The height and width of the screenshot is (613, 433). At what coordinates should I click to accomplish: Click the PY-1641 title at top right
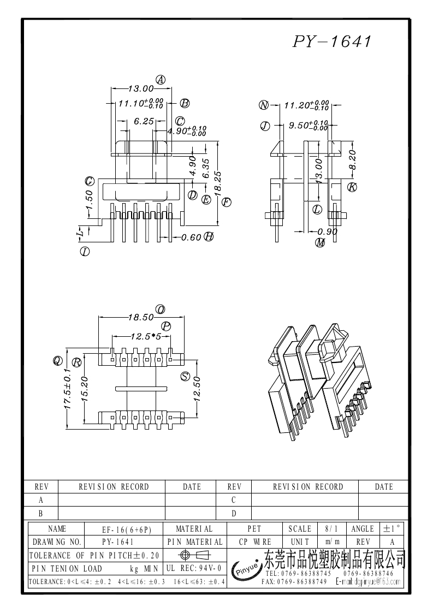(332, 42)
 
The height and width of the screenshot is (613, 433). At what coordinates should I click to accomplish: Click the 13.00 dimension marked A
(141, 88)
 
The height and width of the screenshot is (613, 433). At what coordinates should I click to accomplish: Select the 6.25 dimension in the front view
(143, 122)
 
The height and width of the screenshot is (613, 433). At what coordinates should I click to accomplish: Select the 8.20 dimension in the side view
(352, 159)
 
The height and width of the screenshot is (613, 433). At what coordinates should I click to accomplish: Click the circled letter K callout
(352, 187)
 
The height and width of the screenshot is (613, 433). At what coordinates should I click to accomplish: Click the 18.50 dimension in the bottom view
(140, 317)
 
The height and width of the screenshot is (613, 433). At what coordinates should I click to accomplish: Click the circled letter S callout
(185, 376)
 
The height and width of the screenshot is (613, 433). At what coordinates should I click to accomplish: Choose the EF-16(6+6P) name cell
(126, 529)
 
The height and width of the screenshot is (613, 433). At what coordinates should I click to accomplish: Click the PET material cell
(254, 529)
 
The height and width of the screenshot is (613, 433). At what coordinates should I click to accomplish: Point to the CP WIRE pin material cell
(255, 542)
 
